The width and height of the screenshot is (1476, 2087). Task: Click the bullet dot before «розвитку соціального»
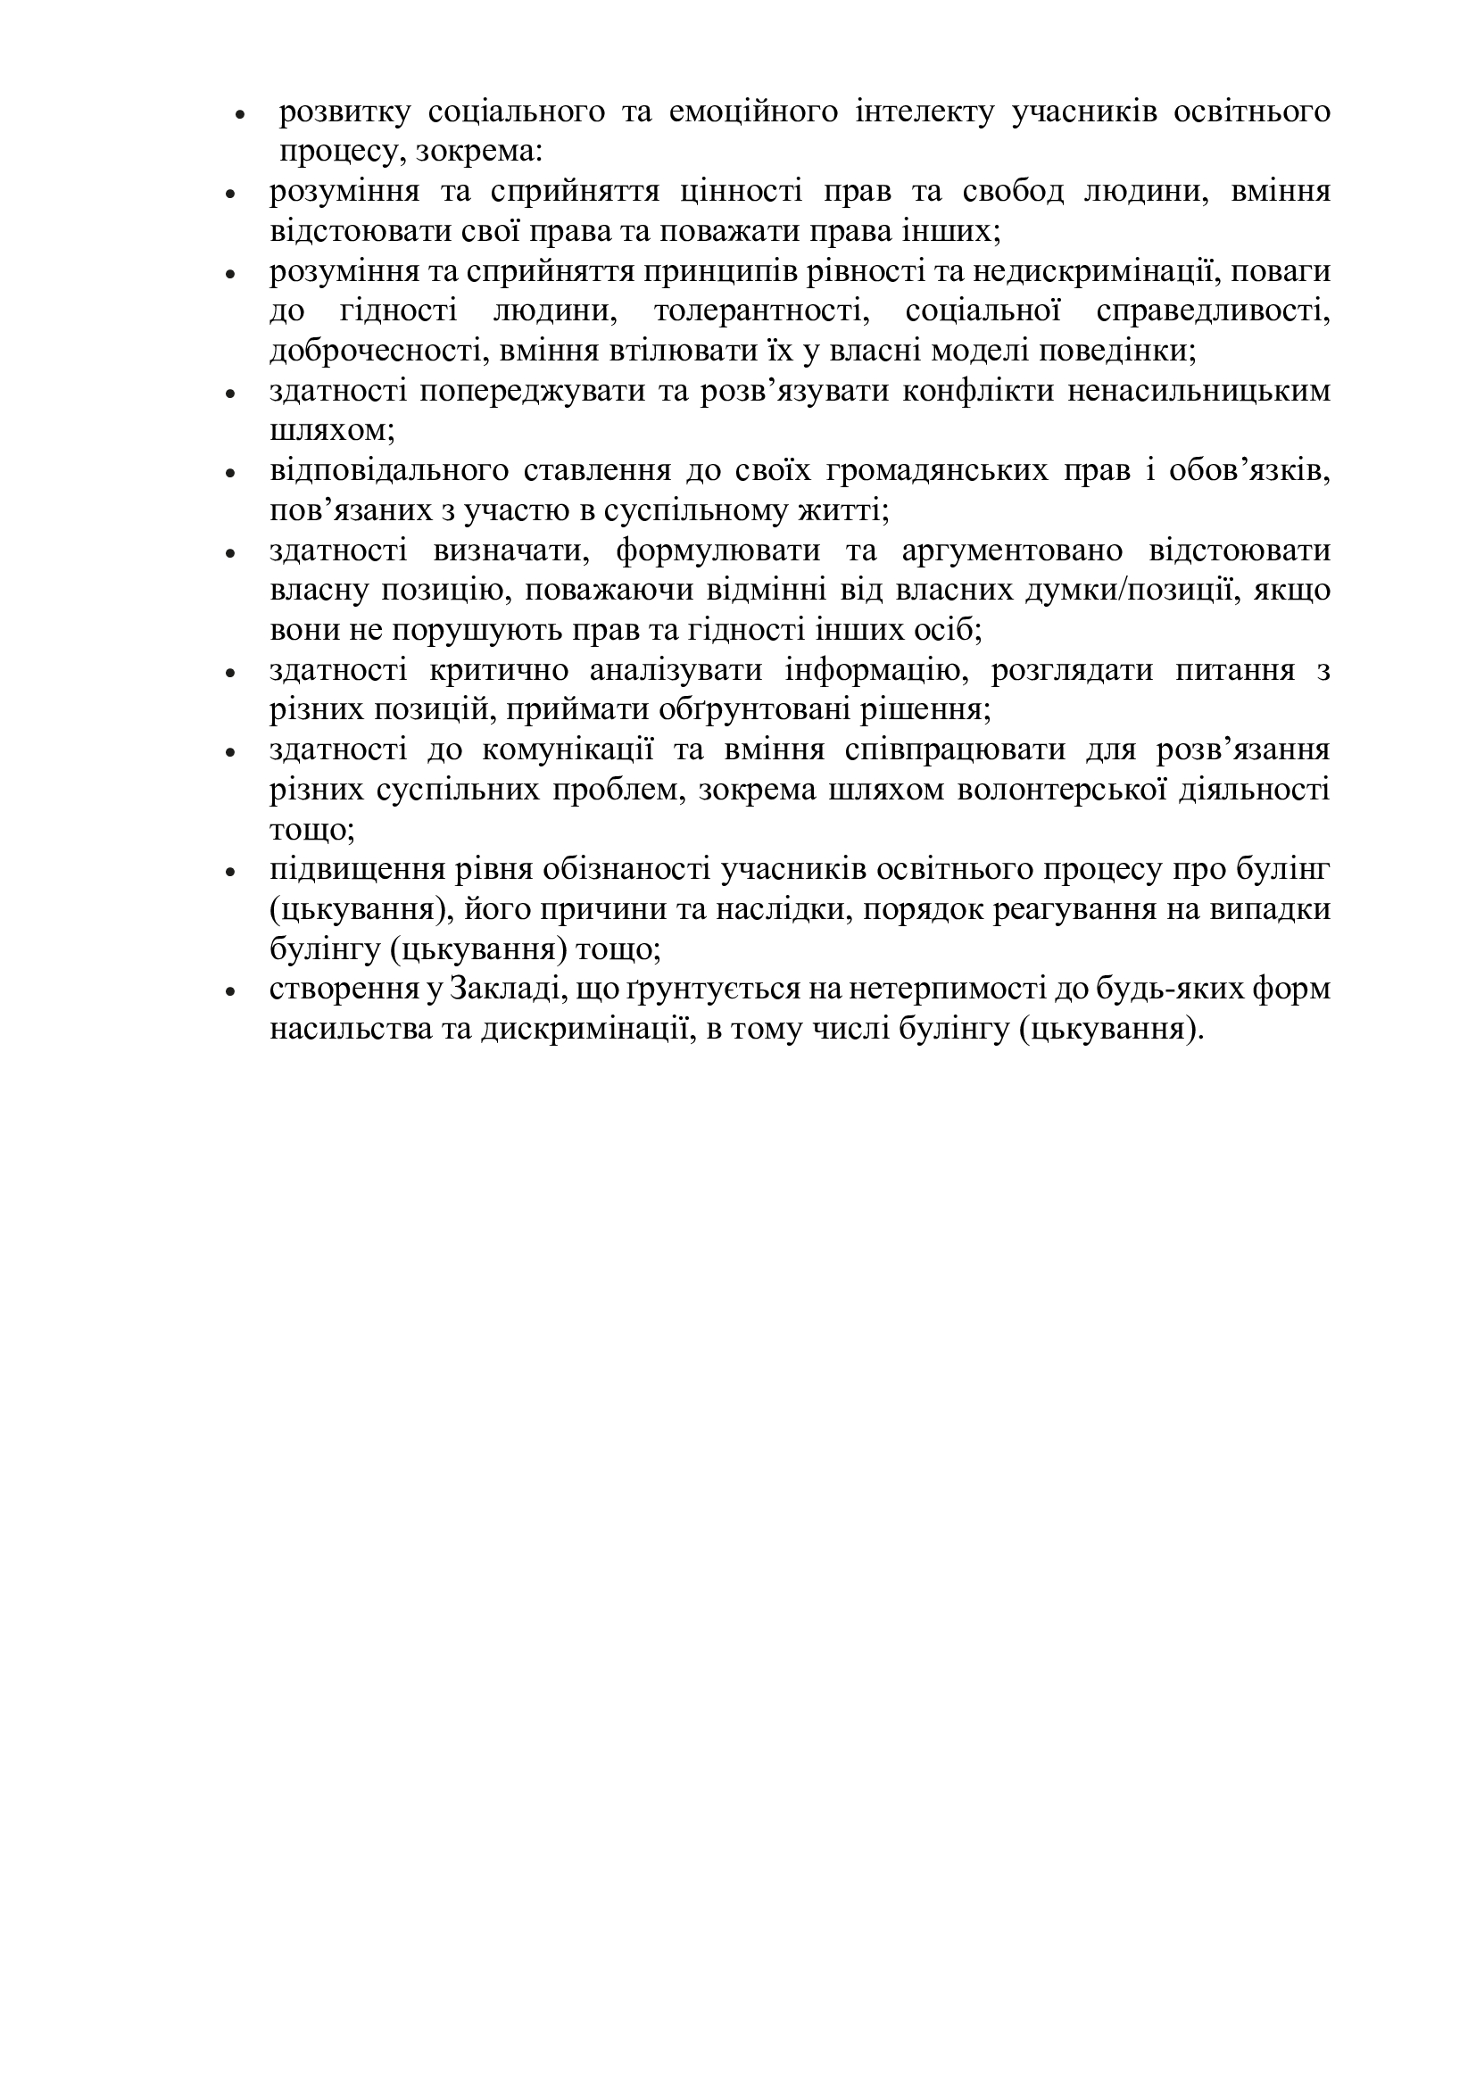(x=240, y=114)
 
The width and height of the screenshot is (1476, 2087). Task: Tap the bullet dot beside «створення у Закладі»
(x=231, y=991)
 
